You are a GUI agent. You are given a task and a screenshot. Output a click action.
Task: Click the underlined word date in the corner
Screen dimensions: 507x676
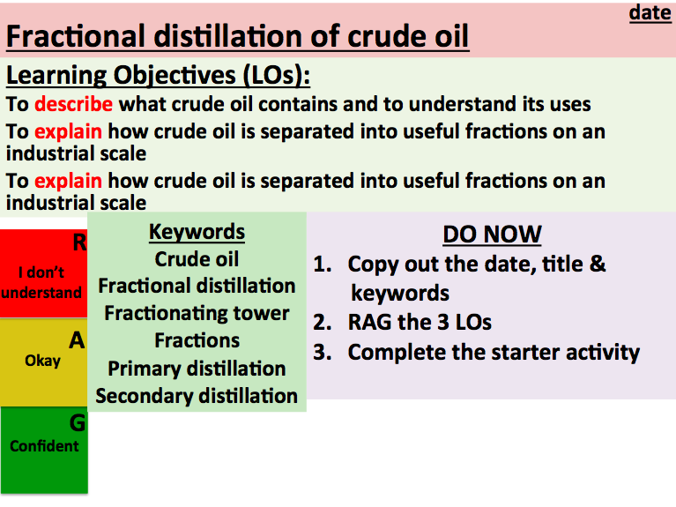point(650,13)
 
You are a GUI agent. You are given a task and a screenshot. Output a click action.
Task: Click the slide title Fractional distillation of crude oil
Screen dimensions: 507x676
point(237,37)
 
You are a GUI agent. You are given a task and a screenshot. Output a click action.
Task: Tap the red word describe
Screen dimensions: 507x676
point(73,104)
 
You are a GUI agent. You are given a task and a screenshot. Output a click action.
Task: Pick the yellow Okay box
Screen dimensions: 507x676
point(42,361)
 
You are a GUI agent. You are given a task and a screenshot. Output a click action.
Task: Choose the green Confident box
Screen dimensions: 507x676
point(44,446)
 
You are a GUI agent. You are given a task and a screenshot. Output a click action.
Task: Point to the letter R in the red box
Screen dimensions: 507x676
point(78,242)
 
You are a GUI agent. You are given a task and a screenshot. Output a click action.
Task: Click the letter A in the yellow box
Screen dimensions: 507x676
point(77,340)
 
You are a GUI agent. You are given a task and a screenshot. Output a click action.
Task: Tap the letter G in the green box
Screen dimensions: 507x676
point(77,423)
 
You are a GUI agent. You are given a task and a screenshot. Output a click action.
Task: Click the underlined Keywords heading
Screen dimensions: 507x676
point(197,232)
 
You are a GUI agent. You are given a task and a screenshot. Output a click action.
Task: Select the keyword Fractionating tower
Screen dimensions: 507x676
point(197,313)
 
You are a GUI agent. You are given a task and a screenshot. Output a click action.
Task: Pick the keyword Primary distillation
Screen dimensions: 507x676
point(197,368)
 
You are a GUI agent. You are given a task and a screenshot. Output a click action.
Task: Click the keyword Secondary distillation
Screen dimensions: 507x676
point(197,395)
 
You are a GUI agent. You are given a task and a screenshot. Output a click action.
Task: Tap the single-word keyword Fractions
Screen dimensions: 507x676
point(197,340)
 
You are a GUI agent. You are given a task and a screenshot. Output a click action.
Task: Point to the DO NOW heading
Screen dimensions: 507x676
point(492,235)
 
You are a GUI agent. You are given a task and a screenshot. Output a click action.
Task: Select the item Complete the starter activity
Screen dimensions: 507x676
point(493,352)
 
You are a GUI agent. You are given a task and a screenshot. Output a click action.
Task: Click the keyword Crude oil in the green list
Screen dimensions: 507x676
point(197,259)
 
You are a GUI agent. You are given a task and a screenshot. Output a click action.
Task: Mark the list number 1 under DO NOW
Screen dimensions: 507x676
point(321,265)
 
